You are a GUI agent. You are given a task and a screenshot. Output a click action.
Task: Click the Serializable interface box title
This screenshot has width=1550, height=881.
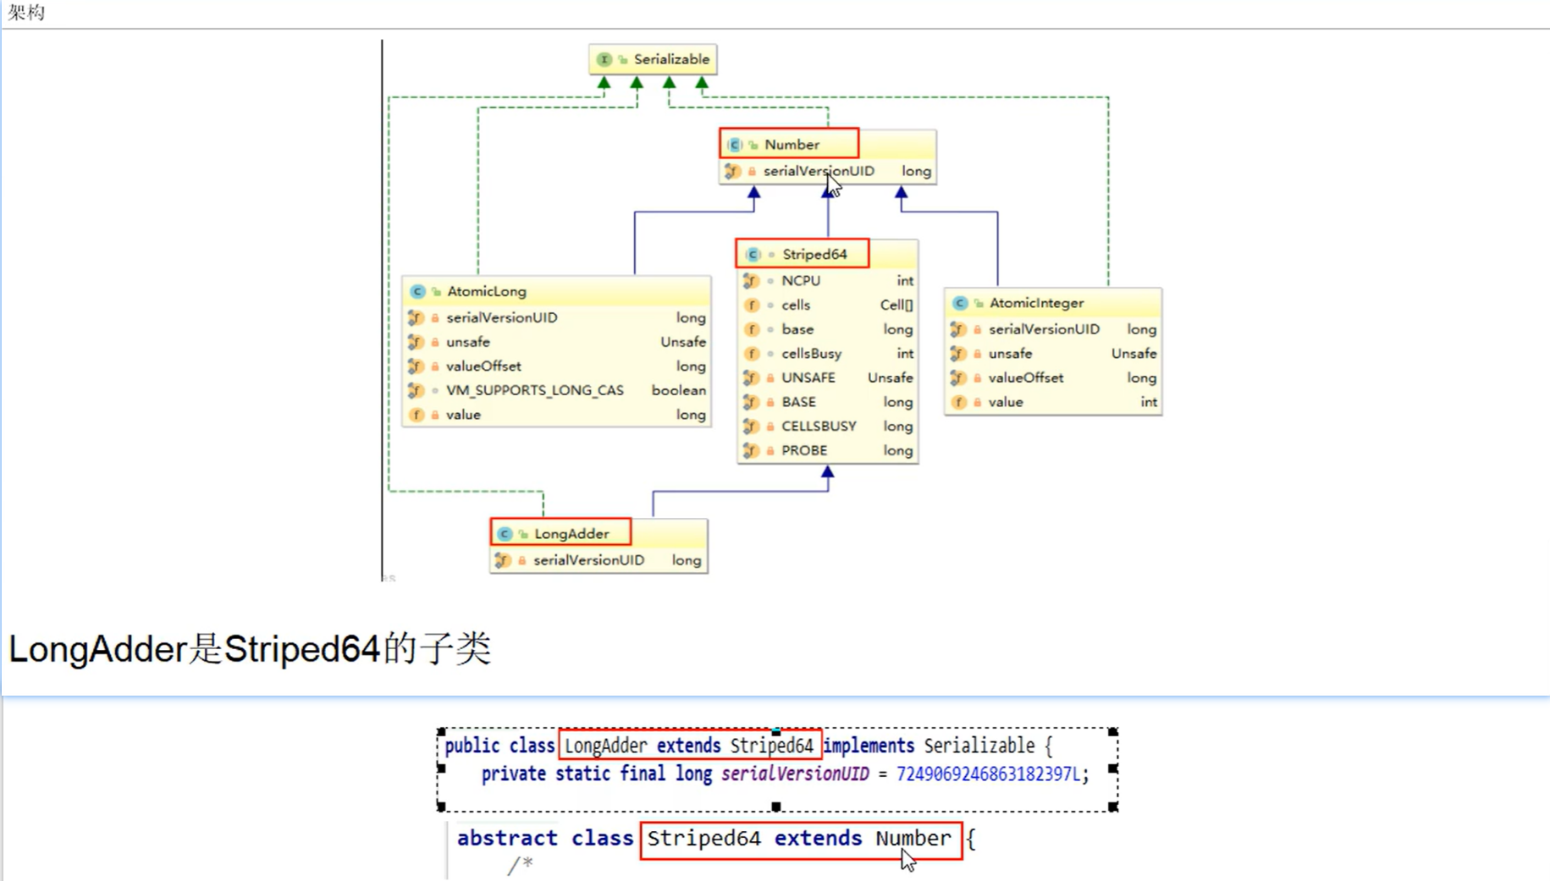670,59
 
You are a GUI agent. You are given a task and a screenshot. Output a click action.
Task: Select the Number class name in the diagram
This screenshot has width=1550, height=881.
792,145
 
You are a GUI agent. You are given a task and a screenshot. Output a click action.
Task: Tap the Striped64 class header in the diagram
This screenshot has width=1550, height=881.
814,254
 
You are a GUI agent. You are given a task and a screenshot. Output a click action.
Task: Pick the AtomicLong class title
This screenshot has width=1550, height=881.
486,291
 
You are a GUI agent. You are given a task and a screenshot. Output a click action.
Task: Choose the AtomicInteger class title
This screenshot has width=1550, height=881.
1036,303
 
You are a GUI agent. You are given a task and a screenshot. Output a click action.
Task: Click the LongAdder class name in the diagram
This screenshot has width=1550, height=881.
571,534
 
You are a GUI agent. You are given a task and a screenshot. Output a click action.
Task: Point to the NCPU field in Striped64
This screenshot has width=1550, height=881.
800,281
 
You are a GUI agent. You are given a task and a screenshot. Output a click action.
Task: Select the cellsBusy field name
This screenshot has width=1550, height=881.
811,354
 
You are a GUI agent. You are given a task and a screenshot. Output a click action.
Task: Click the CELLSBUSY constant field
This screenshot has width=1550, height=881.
819,427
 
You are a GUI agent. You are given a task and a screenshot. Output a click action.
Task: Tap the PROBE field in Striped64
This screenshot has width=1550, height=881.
804,450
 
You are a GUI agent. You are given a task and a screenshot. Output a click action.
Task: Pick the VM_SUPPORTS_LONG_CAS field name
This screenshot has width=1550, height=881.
534,390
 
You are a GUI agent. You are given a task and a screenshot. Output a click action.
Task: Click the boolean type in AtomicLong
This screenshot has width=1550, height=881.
678,390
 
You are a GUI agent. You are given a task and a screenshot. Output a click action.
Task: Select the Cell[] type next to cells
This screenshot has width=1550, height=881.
896,306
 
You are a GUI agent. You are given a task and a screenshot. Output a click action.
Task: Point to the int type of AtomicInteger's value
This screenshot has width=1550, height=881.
1148,402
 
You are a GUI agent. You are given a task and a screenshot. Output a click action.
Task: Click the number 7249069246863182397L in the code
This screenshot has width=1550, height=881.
988,774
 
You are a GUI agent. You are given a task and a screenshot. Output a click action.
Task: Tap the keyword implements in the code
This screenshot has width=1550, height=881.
869,746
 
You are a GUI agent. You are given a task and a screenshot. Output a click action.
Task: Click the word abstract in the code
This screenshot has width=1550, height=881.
507,839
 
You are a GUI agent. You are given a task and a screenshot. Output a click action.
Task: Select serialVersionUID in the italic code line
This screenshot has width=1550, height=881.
795,774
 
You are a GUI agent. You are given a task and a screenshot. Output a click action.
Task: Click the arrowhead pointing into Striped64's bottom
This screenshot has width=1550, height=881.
827,473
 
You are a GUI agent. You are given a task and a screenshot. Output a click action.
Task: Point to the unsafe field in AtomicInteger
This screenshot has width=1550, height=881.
1010,354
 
